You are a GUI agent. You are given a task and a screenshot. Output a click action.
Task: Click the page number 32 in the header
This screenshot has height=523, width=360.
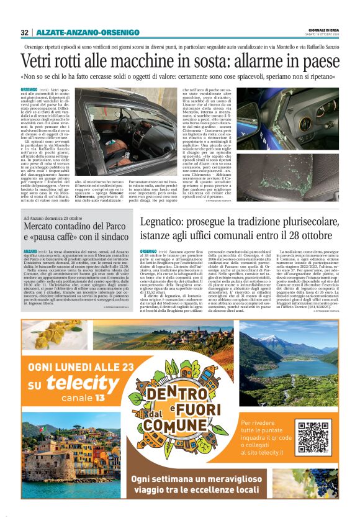click(x=24, y=32)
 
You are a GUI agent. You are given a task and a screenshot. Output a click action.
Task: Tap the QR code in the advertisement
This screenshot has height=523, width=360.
click(x=313, y=437)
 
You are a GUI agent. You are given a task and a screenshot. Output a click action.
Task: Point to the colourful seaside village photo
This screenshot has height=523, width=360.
click(x=50, y=460)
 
